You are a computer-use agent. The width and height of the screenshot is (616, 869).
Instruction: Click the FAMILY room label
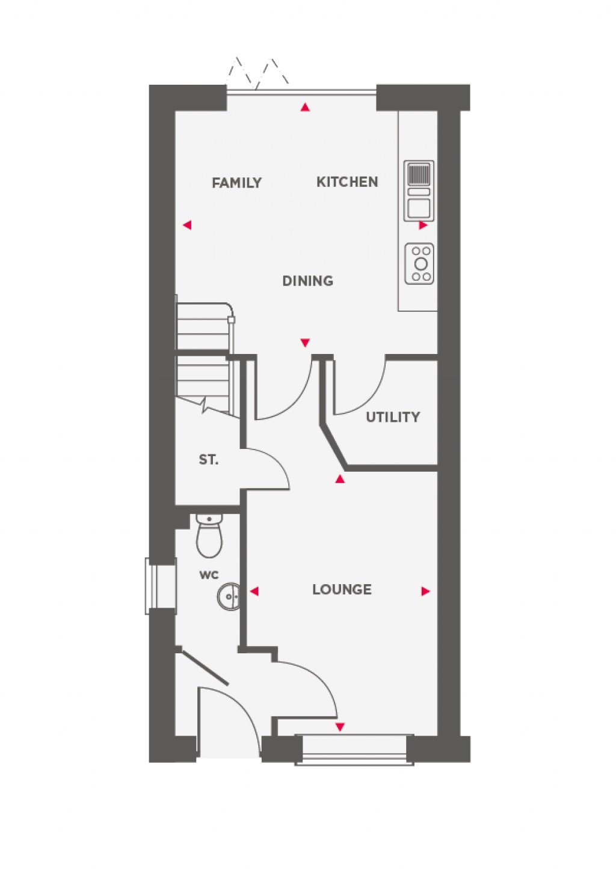point(236,183)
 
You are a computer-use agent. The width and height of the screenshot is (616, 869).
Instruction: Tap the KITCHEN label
point(347,181)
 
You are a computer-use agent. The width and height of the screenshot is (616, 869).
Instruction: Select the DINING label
point(307,281)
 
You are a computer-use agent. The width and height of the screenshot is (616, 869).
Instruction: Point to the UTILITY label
point(393,416)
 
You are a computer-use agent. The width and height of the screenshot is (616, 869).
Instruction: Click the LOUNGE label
point(342,590)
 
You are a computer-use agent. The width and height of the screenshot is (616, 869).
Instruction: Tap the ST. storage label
point(208,460)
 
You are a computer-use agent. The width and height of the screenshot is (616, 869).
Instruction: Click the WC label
point(209,575)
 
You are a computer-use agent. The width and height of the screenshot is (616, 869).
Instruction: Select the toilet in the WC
point(209,535)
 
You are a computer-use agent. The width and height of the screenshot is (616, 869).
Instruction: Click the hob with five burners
point(419,263)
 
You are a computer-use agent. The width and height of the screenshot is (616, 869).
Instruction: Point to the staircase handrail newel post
point(231,320)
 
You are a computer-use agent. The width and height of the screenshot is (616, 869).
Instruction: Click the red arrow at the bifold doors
point(306,108)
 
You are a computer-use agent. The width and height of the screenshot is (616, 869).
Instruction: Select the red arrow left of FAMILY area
point(187,225)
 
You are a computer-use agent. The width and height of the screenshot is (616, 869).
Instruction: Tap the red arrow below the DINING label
point(305,343)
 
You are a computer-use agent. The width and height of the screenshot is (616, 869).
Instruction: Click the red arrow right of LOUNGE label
point(425,591)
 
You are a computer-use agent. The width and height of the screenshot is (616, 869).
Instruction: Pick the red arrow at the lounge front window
point(340,727)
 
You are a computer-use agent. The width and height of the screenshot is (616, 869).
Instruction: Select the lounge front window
point(354,749)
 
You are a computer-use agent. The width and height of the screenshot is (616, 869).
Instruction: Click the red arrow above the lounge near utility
point(340,479)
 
